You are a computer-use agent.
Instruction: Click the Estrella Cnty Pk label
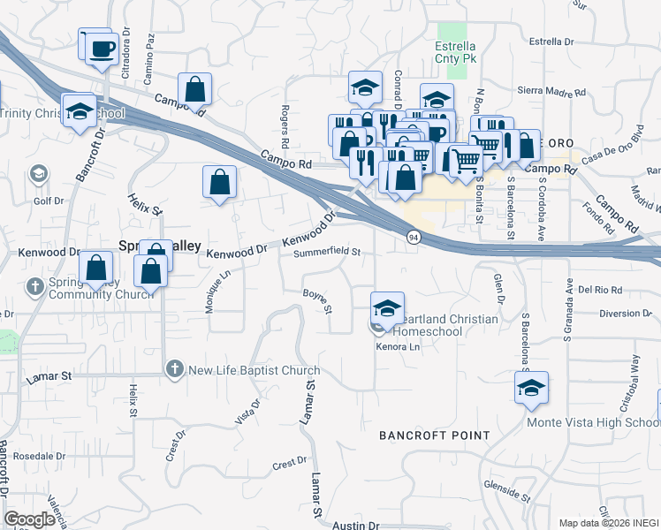pyautogui.click(x=456, y=52)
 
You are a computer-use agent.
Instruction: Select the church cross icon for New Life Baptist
pyautogui.click(x=174, y=368)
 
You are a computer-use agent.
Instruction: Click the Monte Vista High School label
pyautogui.click(x=591, y=422)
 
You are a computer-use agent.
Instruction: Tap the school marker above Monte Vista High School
pyautogui.click(x=531, y=388)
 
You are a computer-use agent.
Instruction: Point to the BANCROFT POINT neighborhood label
pyautogui.click(x=434, y=435)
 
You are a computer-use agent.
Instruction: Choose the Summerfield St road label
pyautogui.click(x=327, y=252)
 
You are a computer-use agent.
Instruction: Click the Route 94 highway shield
pyautogui.click(x=414, y=238)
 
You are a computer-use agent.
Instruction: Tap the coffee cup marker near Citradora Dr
pyautogui.click(x=102, y=49)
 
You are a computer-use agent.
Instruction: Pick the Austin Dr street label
pyautogui.click(x=356, y=525)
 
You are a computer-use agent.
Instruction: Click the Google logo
pyautogui.click(x=29, y=519)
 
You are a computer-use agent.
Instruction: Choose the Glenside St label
pyautogui.click(x=506, y=488)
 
